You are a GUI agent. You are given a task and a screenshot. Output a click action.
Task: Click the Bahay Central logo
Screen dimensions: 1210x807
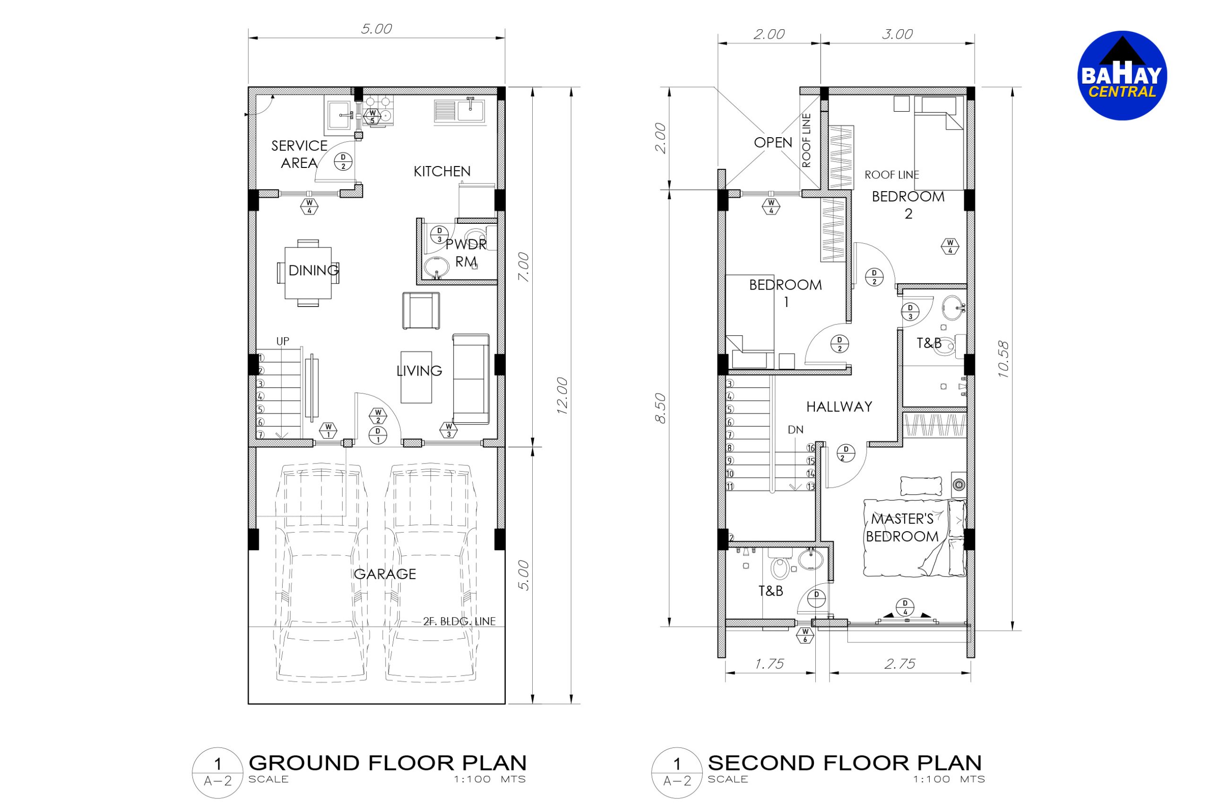(x=1122, y=75)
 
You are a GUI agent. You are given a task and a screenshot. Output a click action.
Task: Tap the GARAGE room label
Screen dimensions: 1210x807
(x=385, y=574)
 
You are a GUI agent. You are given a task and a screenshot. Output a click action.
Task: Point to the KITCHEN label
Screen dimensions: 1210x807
(x=442, y=171)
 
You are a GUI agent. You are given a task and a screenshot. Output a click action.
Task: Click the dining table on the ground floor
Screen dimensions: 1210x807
(x=308, y=273)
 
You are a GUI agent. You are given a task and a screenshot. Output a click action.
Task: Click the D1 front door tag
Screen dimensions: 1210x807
(x=378, y=435)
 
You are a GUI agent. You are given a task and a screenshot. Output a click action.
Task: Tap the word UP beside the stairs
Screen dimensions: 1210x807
(x=283, y=341)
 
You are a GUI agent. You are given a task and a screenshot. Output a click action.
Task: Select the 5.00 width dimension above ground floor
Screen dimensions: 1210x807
(x=376, y=29)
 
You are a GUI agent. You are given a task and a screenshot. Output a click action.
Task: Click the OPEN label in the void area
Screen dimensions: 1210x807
(x=773, y=142)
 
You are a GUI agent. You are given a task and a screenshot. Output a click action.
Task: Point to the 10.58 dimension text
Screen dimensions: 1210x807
(x=1003, y=359)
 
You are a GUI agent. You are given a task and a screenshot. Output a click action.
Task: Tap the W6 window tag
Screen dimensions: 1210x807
(x=805, y=636)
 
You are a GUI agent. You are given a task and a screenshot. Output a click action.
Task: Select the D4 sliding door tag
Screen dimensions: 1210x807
(x=905, y=607)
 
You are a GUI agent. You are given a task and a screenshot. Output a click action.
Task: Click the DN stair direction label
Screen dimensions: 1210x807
(x=795, y=430)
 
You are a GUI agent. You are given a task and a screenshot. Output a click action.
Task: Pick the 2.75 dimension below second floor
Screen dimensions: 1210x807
(x=900, y=664)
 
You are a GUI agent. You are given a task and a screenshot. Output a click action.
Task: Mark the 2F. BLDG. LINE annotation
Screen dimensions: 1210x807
(x=459, y=621)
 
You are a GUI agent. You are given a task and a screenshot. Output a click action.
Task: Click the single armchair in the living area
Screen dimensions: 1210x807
(x=421, y=310)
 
